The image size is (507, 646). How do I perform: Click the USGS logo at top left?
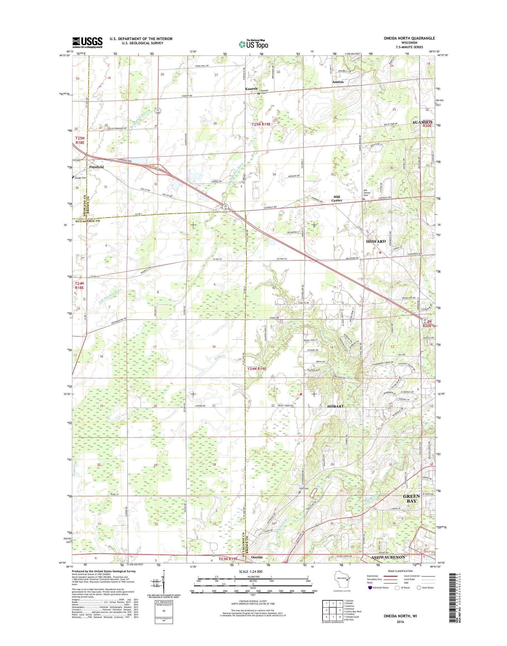87,42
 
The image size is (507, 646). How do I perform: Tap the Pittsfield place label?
96,167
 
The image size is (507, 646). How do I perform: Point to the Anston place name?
338,82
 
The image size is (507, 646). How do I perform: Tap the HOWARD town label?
376,241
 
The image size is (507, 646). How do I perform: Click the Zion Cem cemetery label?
304,489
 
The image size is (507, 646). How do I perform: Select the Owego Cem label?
80,178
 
